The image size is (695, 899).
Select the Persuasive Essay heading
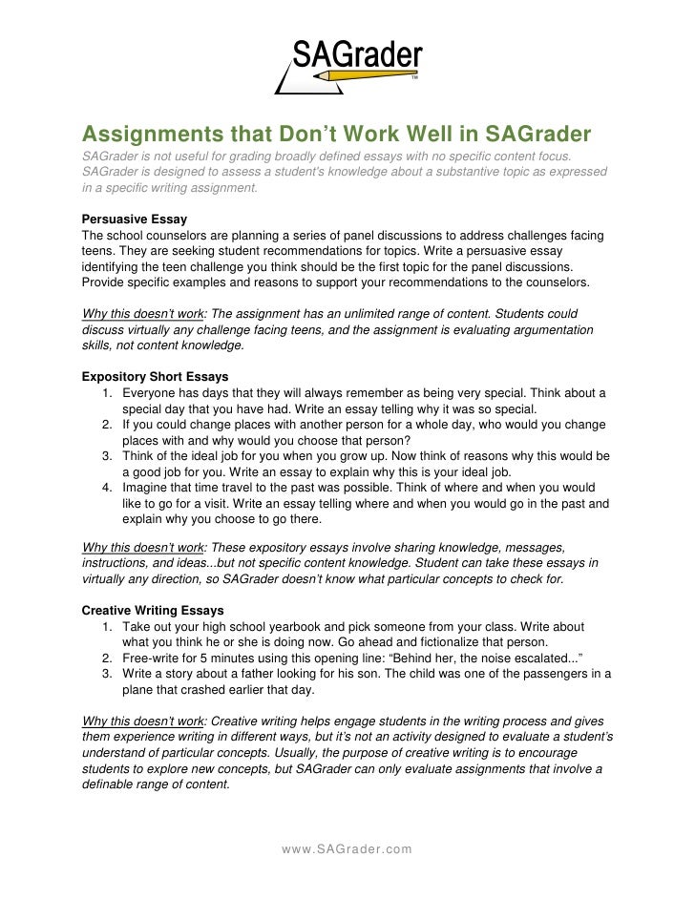click(135, 219)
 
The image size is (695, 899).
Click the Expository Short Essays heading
click(155, 376)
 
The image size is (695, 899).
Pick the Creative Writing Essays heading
click(153, 610)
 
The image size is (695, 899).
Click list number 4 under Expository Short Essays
click(107, 487)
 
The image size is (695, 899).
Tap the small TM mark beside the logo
click(414, 79)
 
